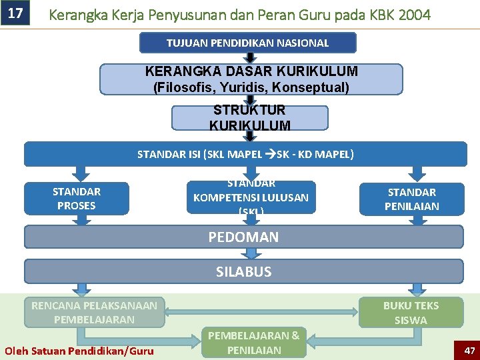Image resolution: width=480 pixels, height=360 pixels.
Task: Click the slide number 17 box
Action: pos(15,13)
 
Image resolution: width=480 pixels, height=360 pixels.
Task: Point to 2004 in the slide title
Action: pos(413,14)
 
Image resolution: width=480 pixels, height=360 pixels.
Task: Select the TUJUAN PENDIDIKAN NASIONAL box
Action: pos(247,43)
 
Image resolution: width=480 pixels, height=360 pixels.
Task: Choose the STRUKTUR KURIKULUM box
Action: pos(250,118)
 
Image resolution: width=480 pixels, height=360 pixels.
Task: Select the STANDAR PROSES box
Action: pos(76,199)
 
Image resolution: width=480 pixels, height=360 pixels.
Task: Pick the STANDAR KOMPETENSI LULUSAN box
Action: pos(251,197)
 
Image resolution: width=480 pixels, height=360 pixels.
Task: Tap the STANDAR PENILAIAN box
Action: pos(411,199)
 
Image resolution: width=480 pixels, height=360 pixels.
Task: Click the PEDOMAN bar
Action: pos(243,237)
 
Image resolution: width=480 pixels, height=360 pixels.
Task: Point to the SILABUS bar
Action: pos(243,271)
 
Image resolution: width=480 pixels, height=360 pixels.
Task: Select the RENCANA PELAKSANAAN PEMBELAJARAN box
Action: pos(95,312)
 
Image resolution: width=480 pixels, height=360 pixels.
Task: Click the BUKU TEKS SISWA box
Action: pos(411,312)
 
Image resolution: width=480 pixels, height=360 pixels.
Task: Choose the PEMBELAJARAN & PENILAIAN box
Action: pos(254,343)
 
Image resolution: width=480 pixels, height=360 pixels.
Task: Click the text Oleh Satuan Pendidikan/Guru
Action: pos(79,351)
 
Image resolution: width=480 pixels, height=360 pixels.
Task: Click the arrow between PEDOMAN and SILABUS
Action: pos(251,254)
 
